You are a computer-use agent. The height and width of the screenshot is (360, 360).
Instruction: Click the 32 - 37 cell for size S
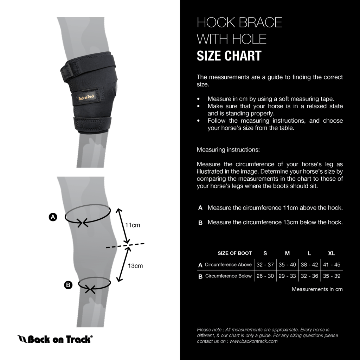[265, 265]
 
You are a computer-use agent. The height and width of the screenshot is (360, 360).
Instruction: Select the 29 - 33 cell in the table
[287, 276]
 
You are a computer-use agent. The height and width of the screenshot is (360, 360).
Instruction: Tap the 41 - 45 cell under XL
[332, 265]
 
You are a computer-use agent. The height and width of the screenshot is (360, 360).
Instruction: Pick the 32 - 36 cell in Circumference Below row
[309, 276]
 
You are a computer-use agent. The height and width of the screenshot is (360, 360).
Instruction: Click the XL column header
[332, 253]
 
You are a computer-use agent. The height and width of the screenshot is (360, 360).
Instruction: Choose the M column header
[287, 253]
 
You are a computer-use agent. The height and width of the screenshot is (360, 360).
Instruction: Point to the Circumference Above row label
[228, 265]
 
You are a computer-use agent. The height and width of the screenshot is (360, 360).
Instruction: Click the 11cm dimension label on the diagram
[133, 225]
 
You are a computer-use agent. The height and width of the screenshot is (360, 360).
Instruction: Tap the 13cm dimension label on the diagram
[135, 266]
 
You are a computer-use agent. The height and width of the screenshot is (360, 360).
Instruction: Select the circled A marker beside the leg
[53, 217]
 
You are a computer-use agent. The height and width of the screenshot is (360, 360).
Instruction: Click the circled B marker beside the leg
[68, 285]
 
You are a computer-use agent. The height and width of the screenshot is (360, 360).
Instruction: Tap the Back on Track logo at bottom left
[55, 339]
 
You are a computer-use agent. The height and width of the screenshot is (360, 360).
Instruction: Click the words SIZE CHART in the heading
[229, 56]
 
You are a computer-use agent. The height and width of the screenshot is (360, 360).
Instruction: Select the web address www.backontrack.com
[253, 341]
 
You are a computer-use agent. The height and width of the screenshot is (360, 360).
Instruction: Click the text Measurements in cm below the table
[317, 289]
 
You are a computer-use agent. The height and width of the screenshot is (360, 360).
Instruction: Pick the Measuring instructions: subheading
[228, 150]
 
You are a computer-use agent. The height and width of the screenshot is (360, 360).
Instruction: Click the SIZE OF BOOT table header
[234, 253]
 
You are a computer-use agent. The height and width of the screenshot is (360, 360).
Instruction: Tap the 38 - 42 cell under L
[309, 265]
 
